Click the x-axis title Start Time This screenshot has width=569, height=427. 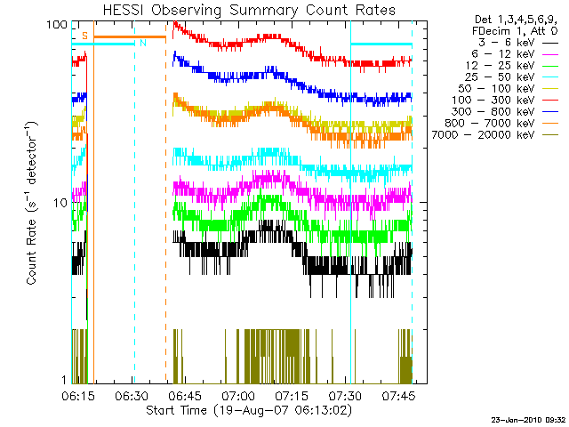coord(248,410)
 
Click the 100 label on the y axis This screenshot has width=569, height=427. coord(59,25)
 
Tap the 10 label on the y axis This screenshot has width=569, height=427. coord(61,203)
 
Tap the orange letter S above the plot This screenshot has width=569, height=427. coord(84,35)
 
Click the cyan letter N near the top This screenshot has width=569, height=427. coord(141,43)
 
